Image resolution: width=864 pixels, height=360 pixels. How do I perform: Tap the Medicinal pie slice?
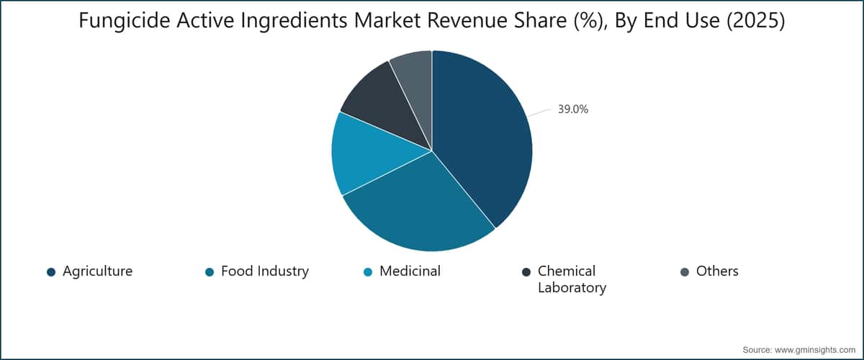point(370,154)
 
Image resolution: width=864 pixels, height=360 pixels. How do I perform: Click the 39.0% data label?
point(573,109)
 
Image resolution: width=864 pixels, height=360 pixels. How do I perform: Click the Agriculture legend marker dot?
point(51,272)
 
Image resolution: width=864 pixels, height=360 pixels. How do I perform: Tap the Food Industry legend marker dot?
point(210,272)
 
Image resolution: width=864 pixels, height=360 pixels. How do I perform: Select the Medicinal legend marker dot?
point(368,272)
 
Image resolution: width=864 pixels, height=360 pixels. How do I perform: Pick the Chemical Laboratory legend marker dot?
point(526,272)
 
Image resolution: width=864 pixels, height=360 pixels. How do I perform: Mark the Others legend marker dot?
point(685,272)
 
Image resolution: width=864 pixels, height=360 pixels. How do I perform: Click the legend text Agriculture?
point(98,271)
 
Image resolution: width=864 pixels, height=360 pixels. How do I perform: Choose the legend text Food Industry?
point(265,271)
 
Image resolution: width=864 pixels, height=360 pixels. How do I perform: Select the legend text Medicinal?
point(410,271)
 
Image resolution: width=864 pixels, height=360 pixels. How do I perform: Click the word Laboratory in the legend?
point(572,288)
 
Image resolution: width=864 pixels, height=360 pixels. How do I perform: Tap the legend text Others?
point(717,271)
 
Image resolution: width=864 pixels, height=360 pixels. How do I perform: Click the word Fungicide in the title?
point(125,20)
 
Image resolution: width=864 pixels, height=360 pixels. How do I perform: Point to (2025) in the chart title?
point(755,21)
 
